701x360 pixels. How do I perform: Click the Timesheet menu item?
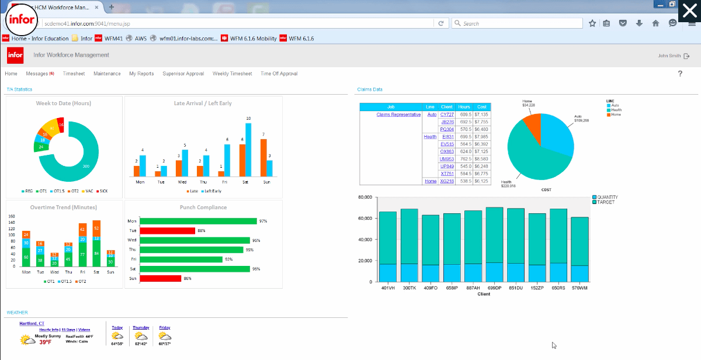[74, 74]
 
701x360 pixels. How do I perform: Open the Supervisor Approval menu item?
[183, 74]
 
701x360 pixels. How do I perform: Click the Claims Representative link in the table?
[398, 115]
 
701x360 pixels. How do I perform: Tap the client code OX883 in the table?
[447, 151]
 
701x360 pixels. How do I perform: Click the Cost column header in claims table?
[481, 107]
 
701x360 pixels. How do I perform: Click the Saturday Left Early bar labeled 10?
[248, 150]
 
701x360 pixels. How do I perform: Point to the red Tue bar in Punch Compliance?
[167, 231]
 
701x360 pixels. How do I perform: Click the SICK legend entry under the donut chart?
[103, 191]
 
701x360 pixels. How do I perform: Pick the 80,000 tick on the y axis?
[364, 198]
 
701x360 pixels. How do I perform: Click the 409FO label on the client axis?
[430, 288]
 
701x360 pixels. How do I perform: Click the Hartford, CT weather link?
[32, 323]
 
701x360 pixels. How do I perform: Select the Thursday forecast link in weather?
[141, 327]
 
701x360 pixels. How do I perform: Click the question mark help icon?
[680, 74]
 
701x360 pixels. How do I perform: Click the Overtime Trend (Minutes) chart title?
[63, 207]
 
